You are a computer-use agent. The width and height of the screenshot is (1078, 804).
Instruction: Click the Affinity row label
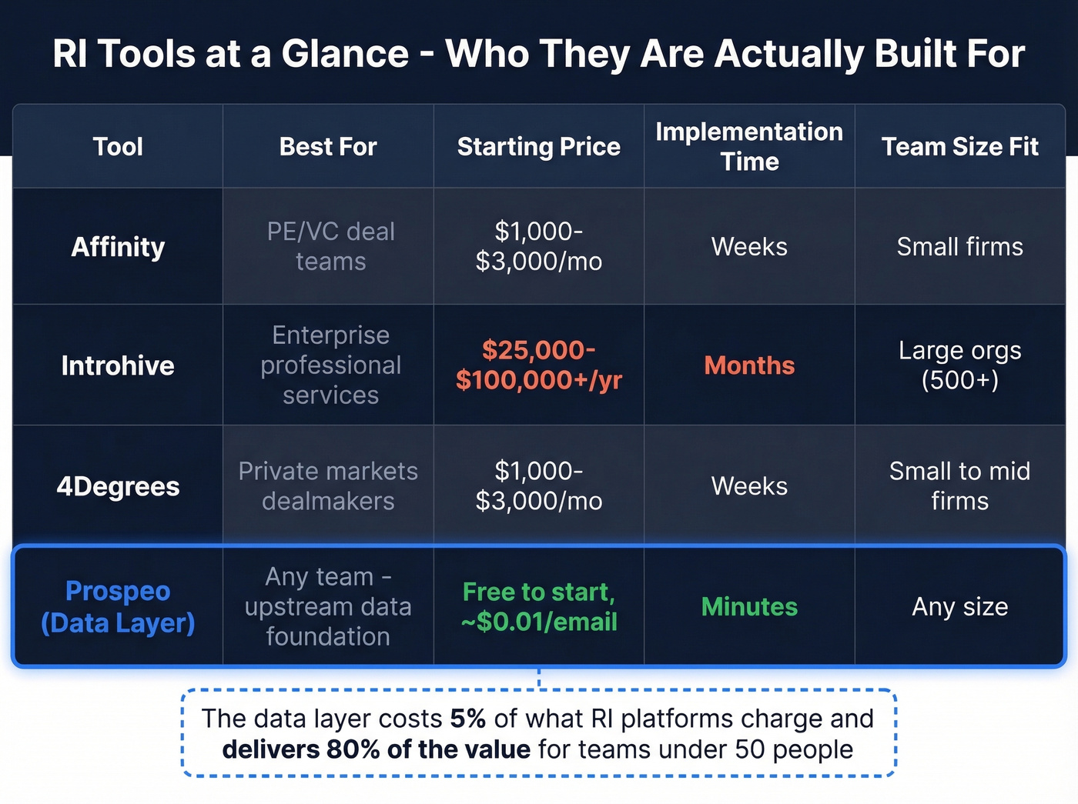tap(118, 247)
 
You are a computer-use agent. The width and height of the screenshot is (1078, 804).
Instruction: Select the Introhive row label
tap(118, 365)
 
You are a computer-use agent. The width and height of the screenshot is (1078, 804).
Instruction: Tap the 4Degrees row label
tap(118, 486)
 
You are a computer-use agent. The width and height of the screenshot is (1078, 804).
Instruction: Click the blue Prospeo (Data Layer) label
tap(118, 606)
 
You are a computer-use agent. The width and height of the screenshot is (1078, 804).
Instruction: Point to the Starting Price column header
tap(538, 146)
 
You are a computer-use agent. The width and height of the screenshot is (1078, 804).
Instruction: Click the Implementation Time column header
tap(749, 146)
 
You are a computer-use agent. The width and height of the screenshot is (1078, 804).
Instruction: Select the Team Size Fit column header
tap(959, 146)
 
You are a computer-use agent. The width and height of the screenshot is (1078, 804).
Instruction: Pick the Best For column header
tap(328, 146)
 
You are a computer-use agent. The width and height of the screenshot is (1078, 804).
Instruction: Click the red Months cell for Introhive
tap(749, 365)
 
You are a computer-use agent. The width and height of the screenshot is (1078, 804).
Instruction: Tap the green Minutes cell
tap(749, 607)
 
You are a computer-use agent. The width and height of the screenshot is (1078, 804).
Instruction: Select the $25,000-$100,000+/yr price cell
tap(538, 365)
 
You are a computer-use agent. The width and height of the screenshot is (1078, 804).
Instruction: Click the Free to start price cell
tap(538, 606)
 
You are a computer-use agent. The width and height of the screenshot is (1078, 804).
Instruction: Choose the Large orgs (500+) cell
tap(959, 365)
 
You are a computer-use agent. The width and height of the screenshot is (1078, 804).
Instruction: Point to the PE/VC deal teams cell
tap(330, 246)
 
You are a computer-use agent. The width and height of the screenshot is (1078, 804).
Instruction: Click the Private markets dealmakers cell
tap(328, 486)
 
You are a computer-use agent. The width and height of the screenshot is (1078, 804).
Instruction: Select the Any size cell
tap(959, 607)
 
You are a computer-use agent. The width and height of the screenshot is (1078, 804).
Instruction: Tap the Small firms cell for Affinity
tap(959, 247)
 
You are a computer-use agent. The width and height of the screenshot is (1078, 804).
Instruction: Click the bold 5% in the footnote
tap(467, 719)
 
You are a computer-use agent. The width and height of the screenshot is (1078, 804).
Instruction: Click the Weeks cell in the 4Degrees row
tap(749, 486)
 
